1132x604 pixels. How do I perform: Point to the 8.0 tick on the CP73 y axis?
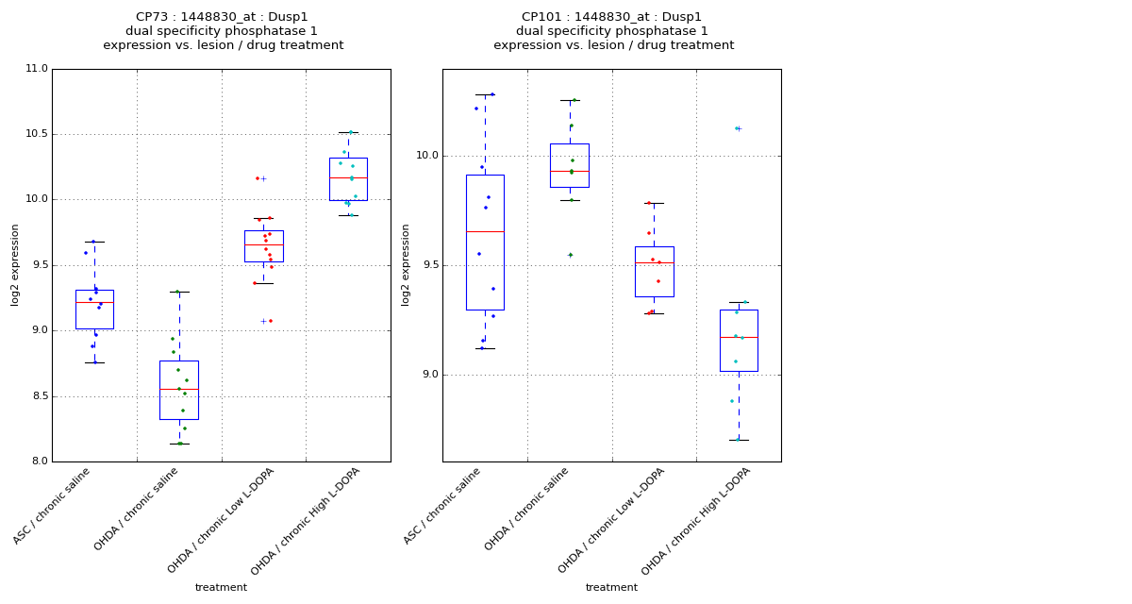pos(39,461)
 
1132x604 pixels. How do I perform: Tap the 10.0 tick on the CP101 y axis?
pos(426,156)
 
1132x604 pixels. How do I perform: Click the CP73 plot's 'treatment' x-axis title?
pos(221,588)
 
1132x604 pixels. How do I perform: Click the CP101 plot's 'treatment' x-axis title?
pos(611,588)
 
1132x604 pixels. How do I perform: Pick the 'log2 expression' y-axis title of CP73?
pos(15,264)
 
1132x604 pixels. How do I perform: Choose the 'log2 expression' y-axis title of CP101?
pos(406,264)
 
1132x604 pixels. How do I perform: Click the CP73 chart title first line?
pos(222,17)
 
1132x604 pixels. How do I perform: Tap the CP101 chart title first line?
pos(612,17)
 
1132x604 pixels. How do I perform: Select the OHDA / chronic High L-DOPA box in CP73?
pos(348,179)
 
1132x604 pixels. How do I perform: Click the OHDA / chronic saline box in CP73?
pos(178,390)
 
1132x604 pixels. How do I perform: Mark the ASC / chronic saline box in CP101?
pos(485,243)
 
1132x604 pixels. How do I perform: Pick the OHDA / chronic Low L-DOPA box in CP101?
pos(654,272)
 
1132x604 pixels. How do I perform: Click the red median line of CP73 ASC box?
pos(94,302)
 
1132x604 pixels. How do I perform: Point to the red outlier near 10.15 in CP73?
pos(257,178)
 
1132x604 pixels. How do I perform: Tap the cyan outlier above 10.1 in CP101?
pos(737,128)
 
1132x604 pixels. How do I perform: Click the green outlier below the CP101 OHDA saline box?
pos(570,255)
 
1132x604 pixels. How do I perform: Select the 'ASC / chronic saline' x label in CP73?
pos(54,507)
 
